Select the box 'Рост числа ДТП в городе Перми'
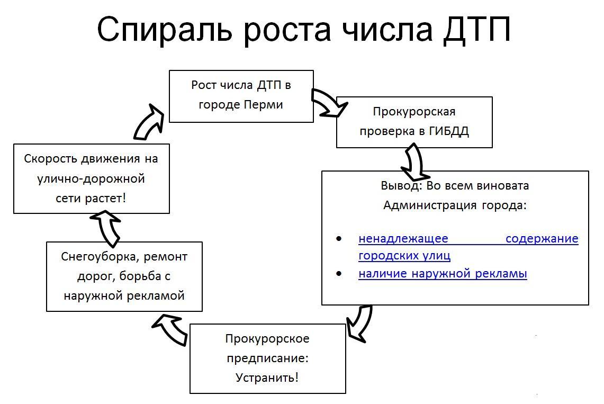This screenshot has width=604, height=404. tap(241, 96)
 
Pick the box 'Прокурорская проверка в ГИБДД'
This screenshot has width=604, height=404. tap(414, 122)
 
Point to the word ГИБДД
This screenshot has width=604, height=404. tap(449, 131)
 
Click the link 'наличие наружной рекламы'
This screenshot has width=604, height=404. tap(443, 274)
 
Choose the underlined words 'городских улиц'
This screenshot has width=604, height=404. tap(404, 256)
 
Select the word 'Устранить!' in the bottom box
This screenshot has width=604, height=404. tap(267, 378)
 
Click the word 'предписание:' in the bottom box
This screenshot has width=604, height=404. tap(267, 358)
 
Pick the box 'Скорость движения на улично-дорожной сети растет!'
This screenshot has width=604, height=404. tap(92, 178)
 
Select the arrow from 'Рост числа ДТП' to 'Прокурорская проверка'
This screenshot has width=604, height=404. tap(326, 103)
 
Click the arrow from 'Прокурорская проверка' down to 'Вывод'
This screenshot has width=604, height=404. tap(415, 161)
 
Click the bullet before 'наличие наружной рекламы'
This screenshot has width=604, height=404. tap(339, 274)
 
